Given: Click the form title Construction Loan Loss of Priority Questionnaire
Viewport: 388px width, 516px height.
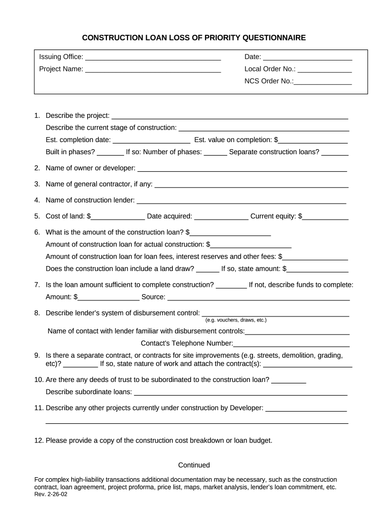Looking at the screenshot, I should [x=194, y=38].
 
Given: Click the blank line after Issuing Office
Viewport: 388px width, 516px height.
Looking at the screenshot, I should [x=153, y=57].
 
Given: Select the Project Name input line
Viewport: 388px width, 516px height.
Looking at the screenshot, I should [x=153, y=70].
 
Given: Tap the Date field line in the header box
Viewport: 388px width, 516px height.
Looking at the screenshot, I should [x=307, y=57].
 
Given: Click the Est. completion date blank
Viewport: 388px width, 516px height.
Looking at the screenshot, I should [x=151, y=141].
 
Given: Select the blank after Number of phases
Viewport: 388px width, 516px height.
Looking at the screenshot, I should [x=216, y=152].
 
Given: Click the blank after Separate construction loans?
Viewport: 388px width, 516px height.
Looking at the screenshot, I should [x=335, y=152].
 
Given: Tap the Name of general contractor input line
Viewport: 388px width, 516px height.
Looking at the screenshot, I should [x=251, y=185].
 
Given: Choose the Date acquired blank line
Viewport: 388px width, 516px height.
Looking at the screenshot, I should [x=221, y=217].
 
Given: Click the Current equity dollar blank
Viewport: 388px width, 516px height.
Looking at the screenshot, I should [x=326, y=217].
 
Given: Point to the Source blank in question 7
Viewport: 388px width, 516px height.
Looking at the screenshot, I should [x=258, y=298].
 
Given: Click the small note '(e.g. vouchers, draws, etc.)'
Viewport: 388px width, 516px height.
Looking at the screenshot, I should [x=236, y=320].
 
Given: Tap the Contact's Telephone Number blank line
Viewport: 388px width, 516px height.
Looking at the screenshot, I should [x=291, y=344].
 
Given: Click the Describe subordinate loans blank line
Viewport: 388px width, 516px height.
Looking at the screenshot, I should [x=241, y=393].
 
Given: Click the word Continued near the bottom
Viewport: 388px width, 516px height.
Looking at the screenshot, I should [x=194, y=465].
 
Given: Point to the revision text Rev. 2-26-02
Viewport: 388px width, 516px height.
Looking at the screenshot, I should [x=50, y=495].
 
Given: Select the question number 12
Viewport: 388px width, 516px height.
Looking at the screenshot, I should [x=39, y=440].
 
